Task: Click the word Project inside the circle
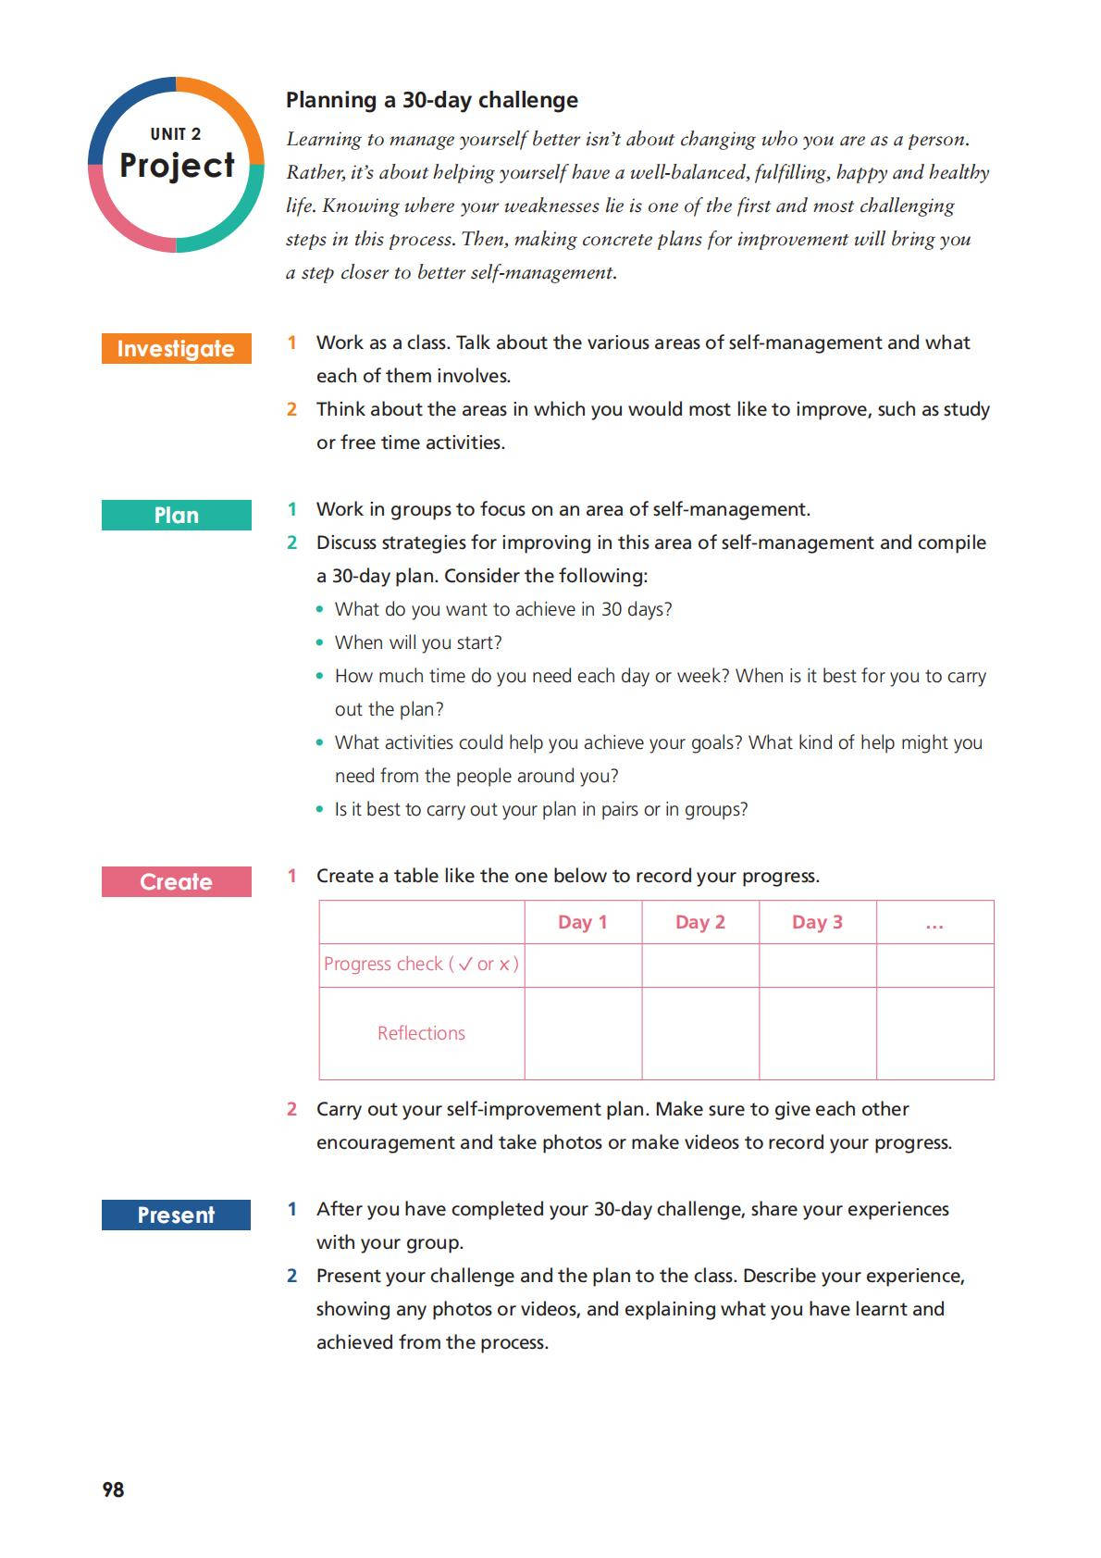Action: [x=177, y=166]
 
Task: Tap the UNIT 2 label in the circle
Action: [x=176, y=134]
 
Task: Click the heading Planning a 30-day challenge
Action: [x=432, y=100]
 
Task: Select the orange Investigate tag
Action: [x=176, y=349]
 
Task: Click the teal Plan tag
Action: [x=176, y=516]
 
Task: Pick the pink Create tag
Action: [x=176, y=882]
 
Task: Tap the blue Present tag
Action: [x=176, y=1215]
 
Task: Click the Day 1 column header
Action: [x=583, y=922]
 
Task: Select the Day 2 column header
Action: [x=700, y=922]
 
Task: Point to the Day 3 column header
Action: [x=817, y=922]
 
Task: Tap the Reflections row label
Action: [x=421, y=1033]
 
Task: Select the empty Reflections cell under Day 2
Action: [x=700, y=1033]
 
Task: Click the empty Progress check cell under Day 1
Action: [x=583, y=966]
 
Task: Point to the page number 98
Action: [x=113, y=1489]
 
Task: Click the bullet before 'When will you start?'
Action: [x=320, y=642]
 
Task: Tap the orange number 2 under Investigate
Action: [x=291, y=409]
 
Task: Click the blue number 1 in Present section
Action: [x=291, y=1209]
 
